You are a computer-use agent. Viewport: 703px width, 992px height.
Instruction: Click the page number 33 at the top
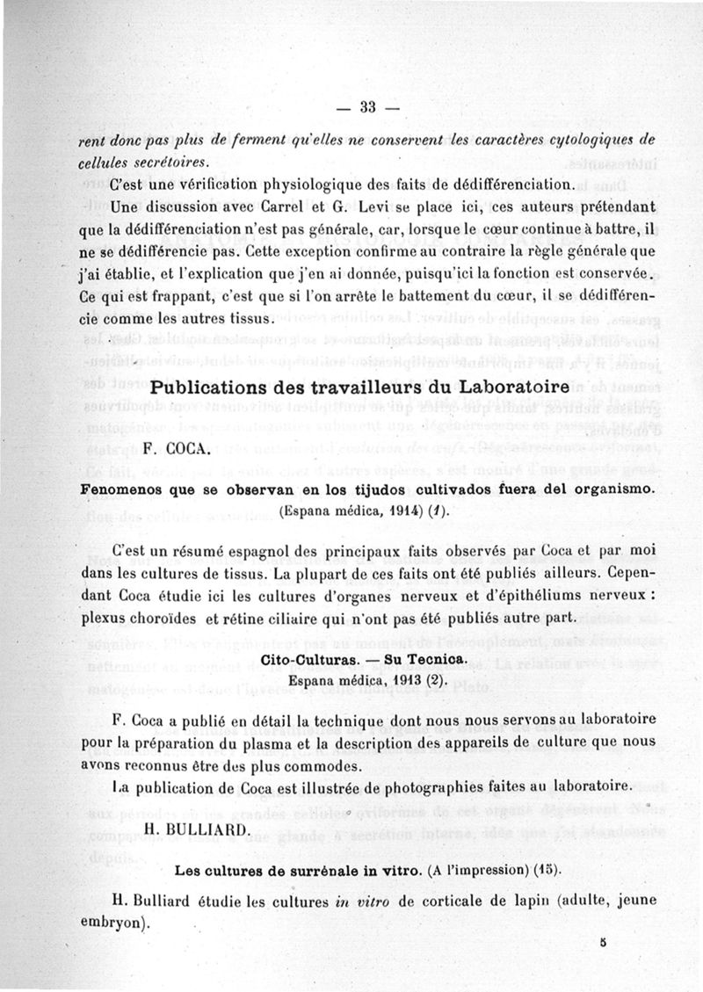click(367, 108)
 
